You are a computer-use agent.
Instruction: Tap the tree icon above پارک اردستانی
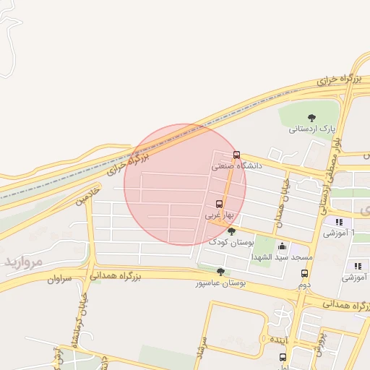tap(311, 117)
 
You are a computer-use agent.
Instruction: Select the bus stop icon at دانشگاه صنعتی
tap(236, 155)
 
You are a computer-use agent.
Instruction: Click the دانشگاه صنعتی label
tap(237, 165)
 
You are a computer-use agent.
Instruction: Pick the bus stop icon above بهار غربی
tap(219, 204)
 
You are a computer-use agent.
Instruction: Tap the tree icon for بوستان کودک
tap(231, 231)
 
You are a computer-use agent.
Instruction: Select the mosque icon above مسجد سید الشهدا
tap(282, 246)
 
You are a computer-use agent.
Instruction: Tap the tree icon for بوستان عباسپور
tap(220, 272)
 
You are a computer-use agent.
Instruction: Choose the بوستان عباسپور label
tap(220, 283)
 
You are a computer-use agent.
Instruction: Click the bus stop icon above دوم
tap(304, 274)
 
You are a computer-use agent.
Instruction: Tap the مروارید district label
tap(25, 260)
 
